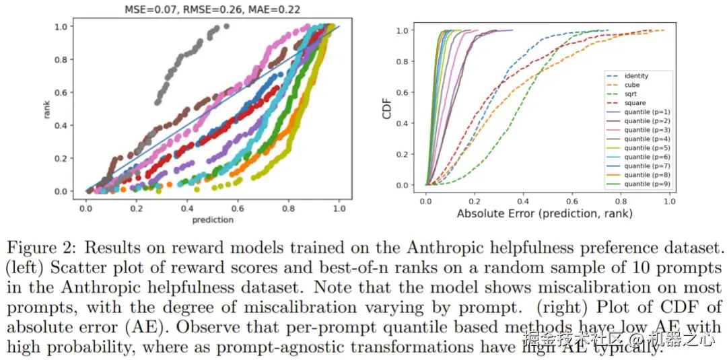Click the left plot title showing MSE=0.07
213,10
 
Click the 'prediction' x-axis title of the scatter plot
213,219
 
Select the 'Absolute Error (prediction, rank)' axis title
544,213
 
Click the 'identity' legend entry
636,76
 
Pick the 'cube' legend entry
632,85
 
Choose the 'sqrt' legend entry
631,94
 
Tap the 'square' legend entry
635,104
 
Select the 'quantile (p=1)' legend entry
646,112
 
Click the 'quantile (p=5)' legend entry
646,148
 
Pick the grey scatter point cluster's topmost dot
226,26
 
